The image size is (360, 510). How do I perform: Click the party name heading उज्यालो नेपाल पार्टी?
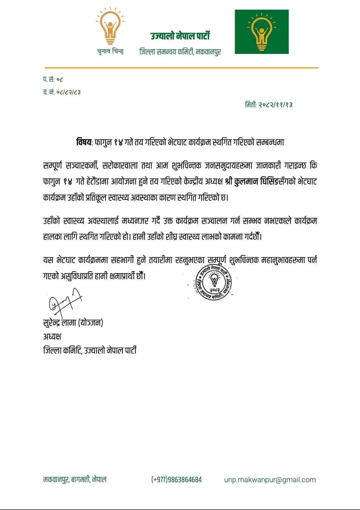coord(180,36)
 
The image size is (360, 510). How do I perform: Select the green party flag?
coord(261,32)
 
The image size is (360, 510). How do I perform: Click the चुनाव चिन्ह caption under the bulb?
coord(110,51)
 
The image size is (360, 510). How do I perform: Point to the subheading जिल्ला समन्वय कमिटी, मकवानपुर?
coord(180,52)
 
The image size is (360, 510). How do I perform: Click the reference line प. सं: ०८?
coord(53,79)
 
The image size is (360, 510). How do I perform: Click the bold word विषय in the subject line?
coord(84,142)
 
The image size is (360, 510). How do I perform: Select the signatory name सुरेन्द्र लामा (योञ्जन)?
coord(73,323)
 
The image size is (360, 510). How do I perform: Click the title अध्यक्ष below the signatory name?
coord(52,336)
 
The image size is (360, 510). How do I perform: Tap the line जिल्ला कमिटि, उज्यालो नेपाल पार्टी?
coord(90,350)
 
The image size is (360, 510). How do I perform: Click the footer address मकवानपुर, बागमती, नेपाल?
coord(75,479)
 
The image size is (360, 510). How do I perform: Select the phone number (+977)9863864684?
coord(176,479)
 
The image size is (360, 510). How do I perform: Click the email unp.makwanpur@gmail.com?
coord(270,479)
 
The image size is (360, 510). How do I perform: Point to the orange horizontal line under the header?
coord(180,68)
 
